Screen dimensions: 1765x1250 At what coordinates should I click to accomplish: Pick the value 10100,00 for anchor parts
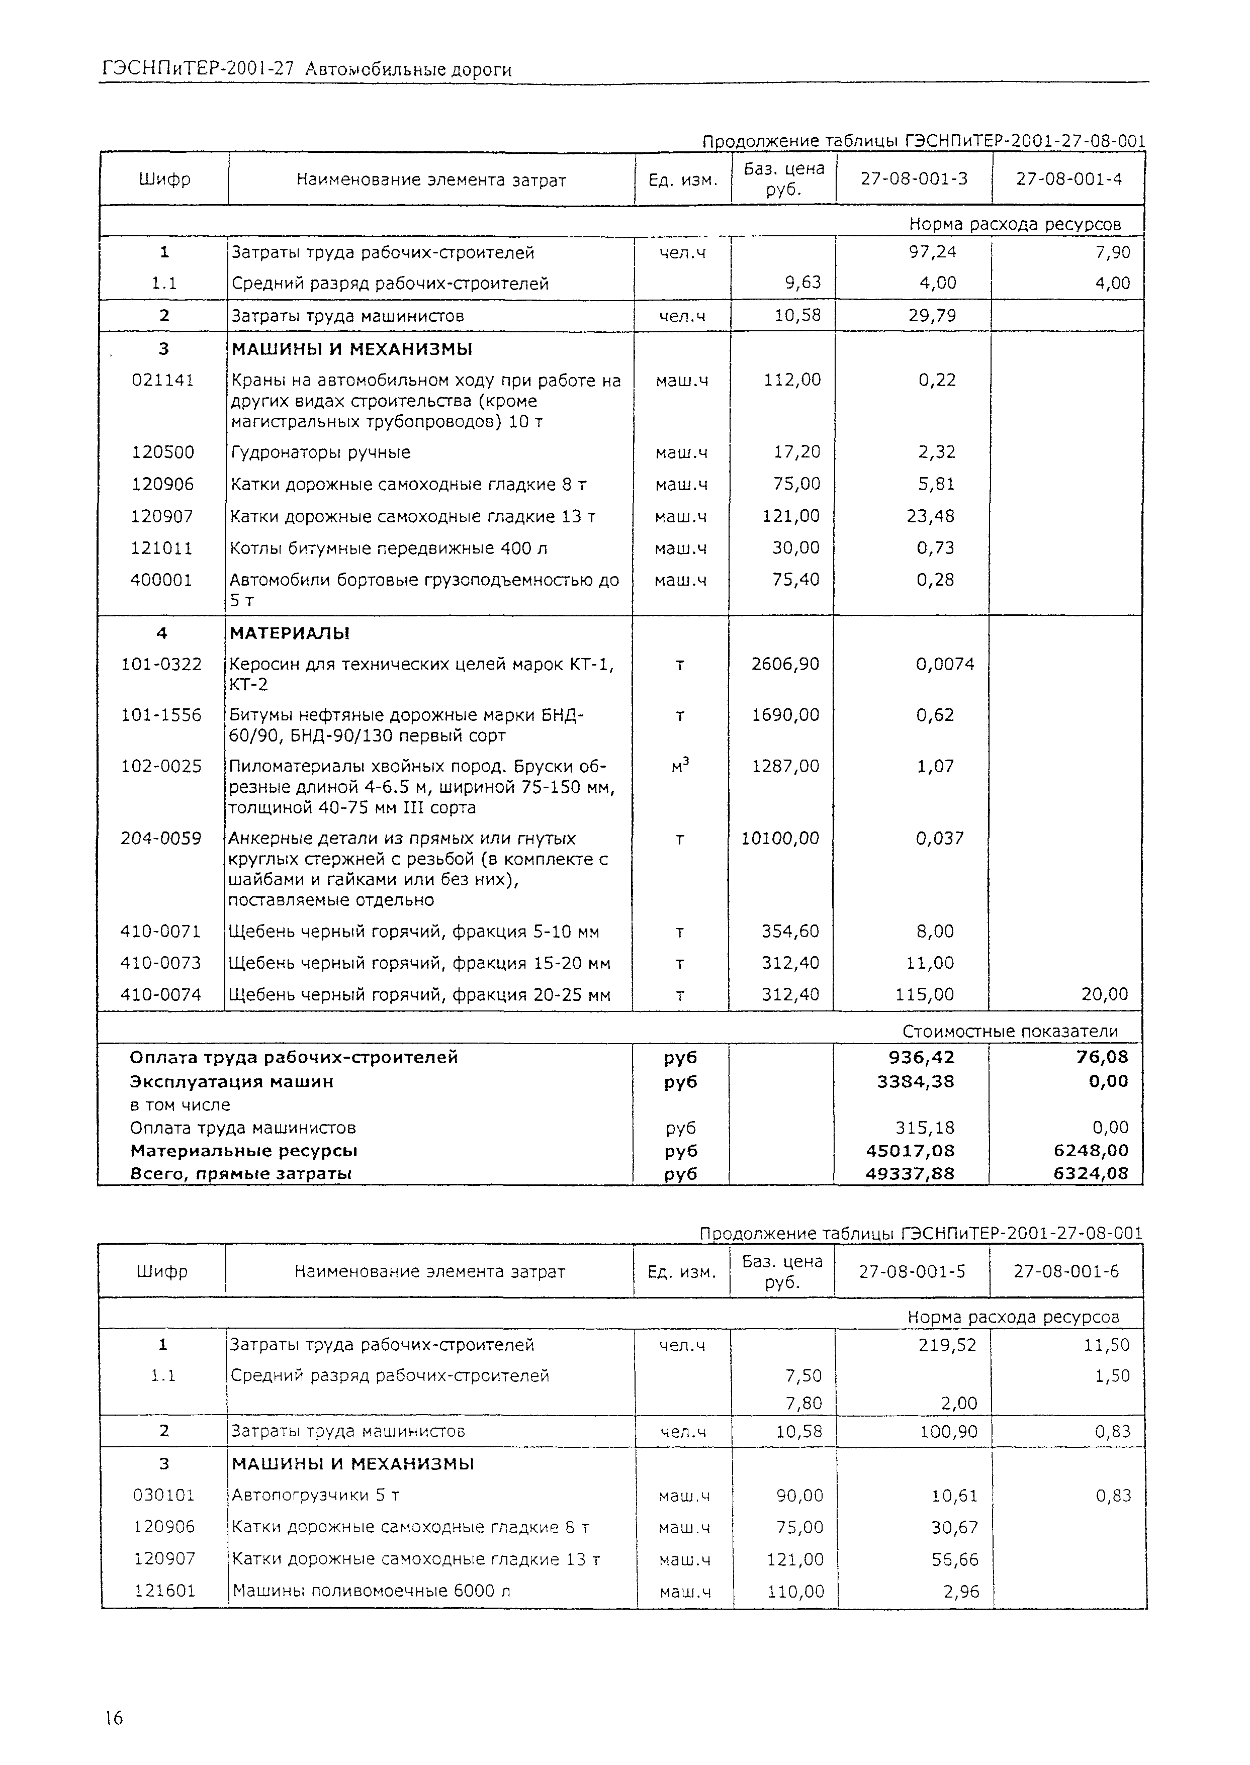click(x=780, y=839)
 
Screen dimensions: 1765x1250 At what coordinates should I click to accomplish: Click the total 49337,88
click(x=916, y=1173)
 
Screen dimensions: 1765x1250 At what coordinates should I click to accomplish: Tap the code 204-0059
click(x=161, y=839)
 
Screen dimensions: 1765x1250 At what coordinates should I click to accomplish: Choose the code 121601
click(x=165, y=1591)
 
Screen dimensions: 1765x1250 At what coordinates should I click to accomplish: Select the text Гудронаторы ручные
click(x=321, y=452)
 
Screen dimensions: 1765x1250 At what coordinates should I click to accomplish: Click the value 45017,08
click(x=916, y=1151)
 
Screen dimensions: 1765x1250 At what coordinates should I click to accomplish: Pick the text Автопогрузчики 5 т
click(x=316, y=1495)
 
